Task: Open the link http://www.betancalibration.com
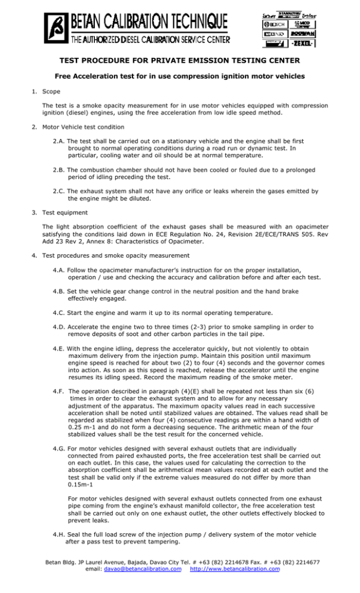point(235,569)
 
